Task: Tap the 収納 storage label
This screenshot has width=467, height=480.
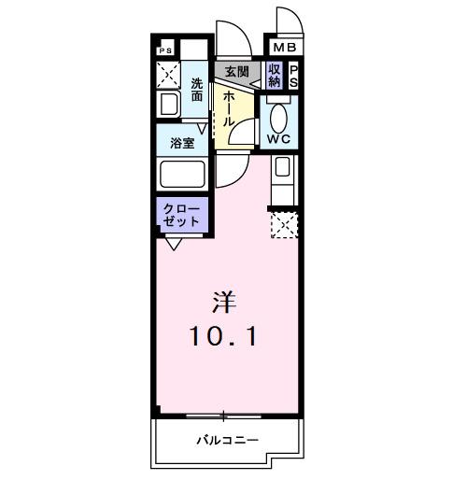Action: (275, 76)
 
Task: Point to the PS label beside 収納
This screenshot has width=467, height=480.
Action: (292, 76)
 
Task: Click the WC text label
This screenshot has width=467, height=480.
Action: (279, 139)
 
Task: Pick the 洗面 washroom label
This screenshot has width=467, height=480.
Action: (197, 89)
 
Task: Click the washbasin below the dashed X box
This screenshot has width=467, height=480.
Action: (170, 104)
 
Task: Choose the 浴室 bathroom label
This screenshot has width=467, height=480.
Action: (182, 143)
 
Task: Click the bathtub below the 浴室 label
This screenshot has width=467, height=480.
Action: (183, 174)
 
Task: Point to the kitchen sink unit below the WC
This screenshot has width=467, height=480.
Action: (282, 169)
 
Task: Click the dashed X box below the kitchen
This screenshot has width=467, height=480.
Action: (283, 225)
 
